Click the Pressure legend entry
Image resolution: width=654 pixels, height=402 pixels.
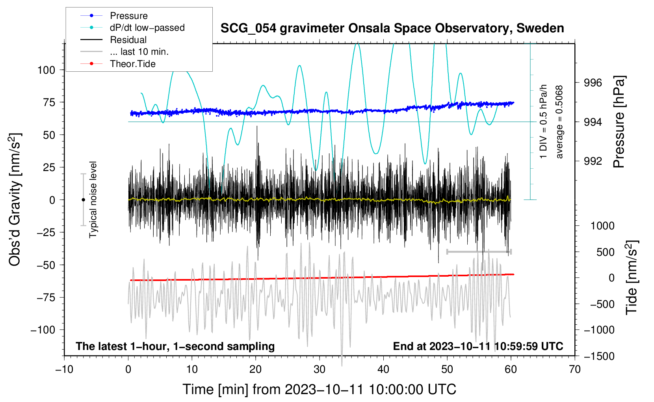coord(128,16)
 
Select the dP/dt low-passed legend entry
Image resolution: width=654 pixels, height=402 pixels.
coord(147,28)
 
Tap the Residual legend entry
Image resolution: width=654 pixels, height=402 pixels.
coord(128,40)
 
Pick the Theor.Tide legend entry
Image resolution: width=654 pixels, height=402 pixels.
coord(132,64)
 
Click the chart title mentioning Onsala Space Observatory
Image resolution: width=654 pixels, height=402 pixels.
coord(392,28)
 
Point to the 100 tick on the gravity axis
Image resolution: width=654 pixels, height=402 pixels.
coord(46,70)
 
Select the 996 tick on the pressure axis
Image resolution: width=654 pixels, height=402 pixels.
coord(593,83)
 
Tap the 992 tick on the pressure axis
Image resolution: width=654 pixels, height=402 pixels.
coord(593,161)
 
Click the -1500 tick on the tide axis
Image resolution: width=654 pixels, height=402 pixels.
coord(599,356)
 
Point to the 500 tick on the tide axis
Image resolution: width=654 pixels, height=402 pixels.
coord(606,252)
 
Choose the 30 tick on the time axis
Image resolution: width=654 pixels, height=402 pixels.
coord(320,369)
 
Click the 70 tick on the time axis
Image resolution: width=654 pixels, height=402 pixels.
coord(575,369)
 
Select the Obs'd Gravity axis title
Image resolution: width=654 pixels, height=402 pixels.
coord(15,199)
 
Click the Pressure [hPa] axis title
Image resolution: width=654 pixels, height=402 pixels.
coord(619,122)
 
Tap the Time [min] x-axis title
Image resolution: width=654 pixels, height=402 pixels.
coord(320,389)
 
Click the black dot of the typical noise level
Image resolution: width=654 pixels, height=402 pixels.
coord(83,200)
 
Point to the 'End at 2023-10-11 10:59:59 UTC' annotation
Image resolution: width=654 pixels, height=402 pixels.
coord(478,346)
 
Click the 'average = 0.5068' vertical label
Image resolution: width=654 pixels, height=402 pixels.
coord(559,122)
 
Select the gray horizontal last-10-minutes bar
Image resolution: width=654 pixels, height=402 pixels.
coord(479,251)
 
